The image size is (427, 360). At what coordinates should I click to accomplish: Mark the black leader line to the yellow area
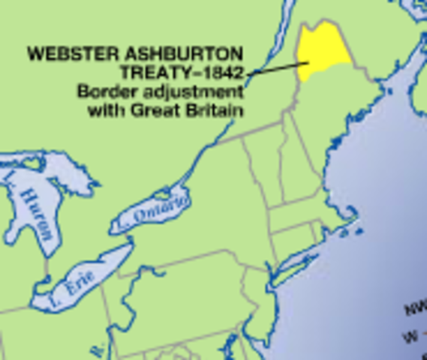point(275,68)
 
